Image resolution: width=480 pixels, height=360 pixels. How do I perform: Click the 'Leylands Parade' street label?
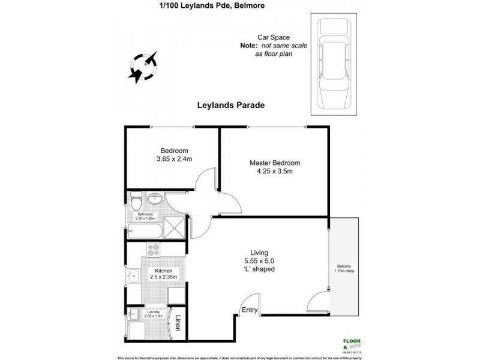231,104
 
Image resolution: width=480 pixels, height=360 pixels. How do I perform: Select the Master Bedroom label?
274,163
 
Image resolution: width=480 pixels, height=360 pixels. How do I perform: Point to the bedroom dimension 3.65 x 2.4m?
174,159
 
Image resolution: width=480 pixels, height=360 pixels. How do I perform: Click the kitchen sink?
133,275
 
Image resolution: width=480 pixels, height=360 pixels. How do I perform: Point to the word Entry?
249,310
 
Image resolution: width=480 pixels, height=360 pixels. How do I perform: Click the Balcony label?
343,266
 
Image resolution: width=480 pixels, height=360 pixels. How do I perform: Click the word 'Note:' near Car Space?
248,45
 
